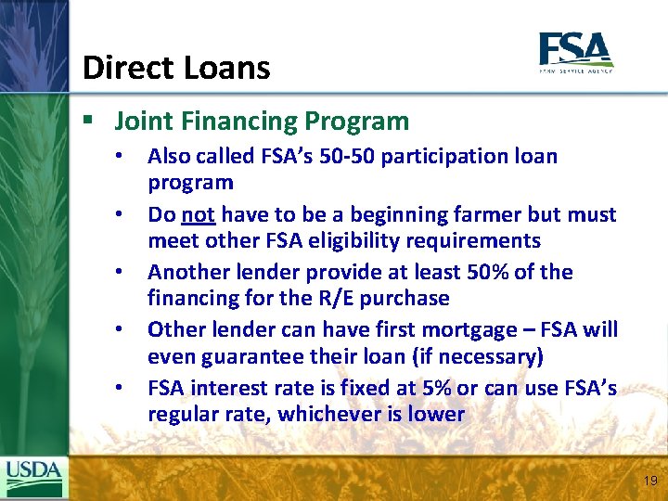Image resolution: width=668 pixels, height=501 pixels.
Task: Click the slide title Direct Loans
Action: coord(176,68)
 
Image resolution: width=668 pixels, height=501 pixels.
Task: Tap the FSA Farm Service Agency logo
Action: coord(575,53)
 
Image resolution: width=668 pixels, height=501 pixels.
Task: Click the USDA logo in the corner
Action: coord(33,478)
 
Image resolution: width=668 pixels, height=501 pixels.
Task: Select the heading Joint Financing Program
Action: coord(261,122)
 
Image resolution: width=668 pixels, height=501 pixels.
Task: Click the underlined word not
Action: coord(199,214)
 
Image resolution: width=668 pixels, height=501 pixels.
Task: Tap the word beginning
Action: coord(398,214)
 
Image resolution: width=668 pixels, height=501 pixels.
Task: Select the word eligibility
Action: coord(357,240)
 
